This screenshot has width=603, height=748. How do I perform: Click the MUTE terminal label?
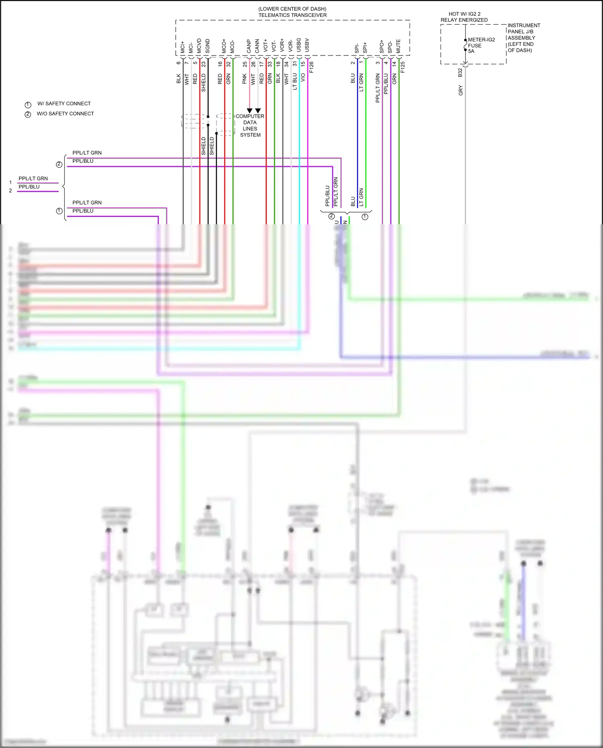(x=398, y=46)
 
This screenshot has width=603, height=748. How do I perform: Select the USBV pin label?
(x=307, y=45)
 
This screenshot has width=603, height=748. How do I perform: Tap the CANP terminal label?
(x=249, y=46)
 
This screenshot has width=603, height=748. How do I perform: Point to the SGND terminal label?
(x=207, y=46)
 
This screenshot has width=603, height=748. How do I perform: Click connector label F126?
(x=312, y=67)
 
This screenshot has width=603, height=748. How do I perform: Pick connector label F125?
(x=403, y=67)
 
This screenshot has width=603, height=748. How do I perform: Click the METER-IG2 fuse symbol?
(x=466, y=45)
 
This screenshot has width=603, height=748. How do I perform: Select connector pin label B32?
(x=460, y=73)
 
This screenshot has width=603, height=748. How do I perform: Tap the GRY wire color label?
(x=461, y=90)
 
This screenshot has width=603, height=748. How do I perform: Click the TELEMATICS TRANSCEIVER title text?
(x=292, y=15)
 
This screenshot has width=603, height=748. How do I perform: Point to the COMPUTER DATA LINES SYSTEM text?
(x=250, y=125)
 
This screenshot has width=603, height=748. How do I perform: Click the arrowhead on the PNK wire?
(x=250, y=111)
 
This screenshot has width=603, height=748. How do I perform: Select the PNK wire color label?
(x=244, y=79)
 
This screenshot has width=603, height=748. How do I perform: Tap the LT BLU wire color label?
(x=295, y=81)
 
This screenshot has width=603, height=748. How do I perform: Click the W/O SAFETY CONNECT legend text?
(x=65, y=114)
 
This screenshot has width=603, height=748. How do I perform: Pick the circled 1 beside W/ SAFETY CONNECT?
(x=28, y=105)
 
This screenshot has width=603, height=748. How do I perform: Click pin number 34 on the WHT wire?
(x=287, y=64)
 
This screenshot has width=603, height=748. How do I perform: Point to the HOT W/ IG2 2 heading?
(x=464, y=14)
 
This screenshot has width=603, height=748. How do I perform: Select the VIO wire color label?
(x=303, y=77)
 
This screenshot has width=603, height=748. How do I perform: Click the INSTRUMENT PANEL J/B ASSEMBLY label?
(x=524, y=38)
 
